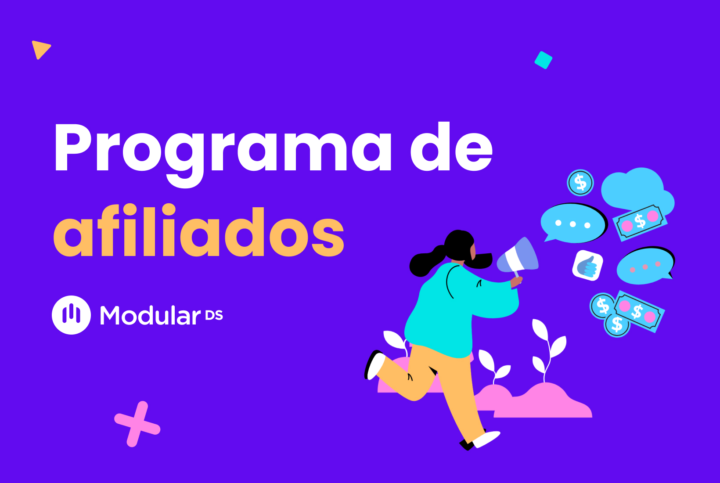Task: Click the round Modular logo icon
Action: (x=71, y=315)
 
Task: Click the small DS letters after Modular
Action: (x=214, y=315)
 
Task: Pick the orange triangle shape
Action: (x=40, y=49)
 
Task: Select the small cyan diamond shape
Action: (x=543, y=60)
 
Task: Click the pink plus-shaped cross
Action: (x=137, y=424)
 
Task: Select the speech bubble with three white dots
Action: (x=572, y=223)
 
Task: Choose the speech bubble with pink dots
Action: (x=644, y=266)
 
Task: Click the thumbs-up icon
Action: (x=587, y=265)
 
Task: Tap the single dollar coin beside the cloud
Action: (x=580, y=183)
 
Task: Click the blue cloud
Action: (x=634, y=189)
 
